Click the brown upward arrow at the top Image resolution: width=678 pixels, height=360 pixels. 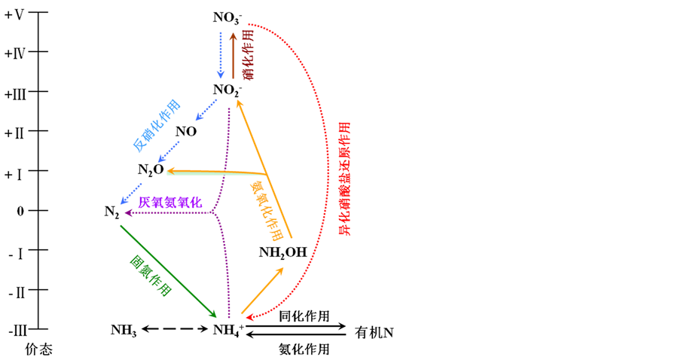coord(233,56)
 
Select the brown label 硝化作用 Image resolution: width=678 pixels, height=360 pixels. coord(247,54)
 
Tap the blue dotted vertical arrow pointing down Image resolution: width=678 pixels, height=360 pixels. coord(221,54)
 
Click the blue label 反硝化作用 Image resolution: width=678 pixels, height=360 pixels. coord(157,125)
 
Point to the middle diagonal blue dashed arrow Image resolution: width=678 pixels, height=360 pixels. coord(169,151)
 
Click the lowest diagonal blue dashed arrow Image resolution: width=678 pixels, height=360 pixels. coord(131,194)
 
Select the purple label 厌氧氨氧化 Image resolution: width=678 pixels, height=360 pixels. coord(170,202)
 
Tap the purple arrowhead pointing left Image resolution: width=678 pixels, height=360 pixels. coord(128,213)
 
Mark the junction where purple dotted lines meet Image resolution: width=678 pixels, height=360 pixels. coord(213,212)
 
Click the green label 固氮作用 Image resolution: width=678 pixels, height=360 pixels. coord(151,275)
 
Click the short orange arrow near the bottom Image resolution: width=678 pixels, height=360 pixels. coord(262,290)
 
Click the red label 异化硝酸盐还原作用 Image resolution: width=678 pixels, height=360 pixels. coord(344,178)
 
